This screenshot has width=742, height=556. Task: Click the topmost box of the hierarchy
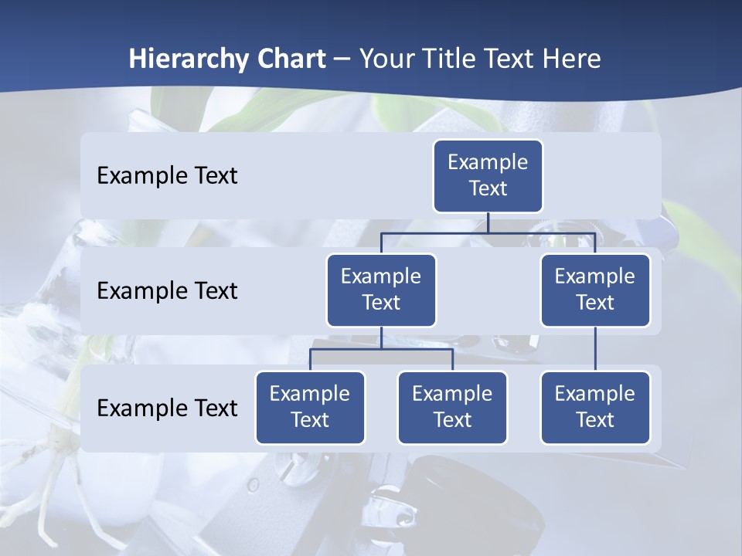[488, 175]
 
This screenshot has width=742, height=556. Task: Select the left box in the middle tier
[381, 290]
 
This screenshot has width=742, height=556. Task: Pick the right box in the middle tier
[595, 290]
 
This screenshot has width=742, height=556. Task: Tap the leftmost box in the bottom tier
[310, 407]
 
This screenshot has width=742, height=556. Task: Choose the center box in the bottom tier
[452, 407]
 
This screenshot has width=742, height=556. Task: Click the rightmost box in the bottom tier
[595, 407]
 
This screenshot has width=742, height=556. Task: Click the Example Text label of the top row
[167, 175]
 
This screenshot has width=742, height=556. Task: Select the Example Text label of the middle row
[167, 290]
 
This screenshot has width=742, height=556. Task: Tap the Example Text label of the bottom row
[167, 408]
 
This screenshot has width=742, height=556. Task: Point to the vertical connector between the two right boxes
[595, 349]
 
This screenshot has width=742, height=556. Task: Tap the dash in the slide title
[342, 60]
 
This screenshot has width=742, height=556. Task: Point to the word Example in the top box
[488, 162]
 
